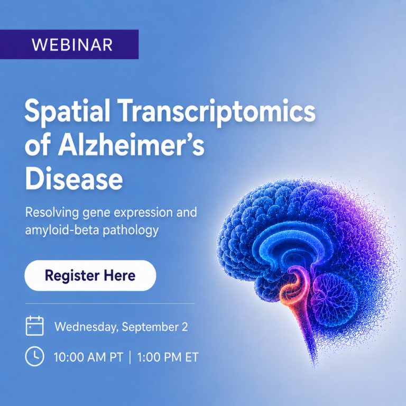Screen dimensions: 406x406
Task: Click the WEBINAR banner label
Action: point(72,45)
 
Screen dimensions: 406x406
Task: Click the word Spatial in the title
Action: point(67,112)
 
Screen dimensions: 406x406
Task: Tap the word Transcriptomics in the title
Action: point(218,112)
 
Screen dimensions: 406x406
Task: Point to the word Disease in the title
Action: point(74,179)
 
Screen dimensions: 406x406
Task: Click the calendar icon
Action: point(35,326)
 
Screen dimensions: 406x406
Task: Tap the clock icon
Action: point(35,356)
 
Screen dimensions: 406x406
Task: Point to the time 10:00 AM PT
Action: point(88,357)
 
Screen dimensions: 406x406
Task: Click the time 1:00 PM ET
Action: point(168,357)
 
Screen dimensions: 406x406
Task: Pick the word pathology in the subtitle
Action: point(131,230)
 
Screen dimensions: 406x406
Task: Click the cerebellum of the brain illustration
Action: point(335,300)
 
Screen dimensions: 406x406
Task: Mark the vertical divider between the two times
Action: point(130,357)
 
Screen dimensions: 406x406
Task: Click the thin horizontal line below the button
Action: point(110,303)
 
